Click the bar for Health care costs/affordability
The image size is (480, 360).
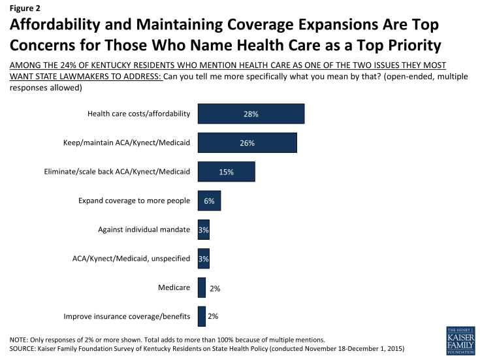click(251, 114)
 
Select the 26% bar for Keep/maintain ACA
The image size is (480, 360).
click(247, 143)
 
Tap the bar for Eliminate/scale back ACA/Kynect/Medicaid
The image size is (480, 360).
click(226, 172)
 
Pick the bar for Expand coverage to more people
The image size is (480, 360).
click(209, 201)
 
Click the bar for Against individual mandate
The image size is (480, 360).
click(203, 230)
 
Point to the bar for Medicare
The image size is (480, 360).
click(201, 287)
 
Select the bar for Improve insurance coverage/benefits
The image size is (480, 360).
click(201, 317)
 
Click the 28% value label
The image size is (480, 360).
click(251, 114)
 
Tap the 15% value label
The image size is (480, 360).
click(226, 172)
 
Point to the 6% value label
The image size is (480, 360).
click(209, 201)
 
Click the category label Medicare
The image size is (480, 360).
click(174, 287)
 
